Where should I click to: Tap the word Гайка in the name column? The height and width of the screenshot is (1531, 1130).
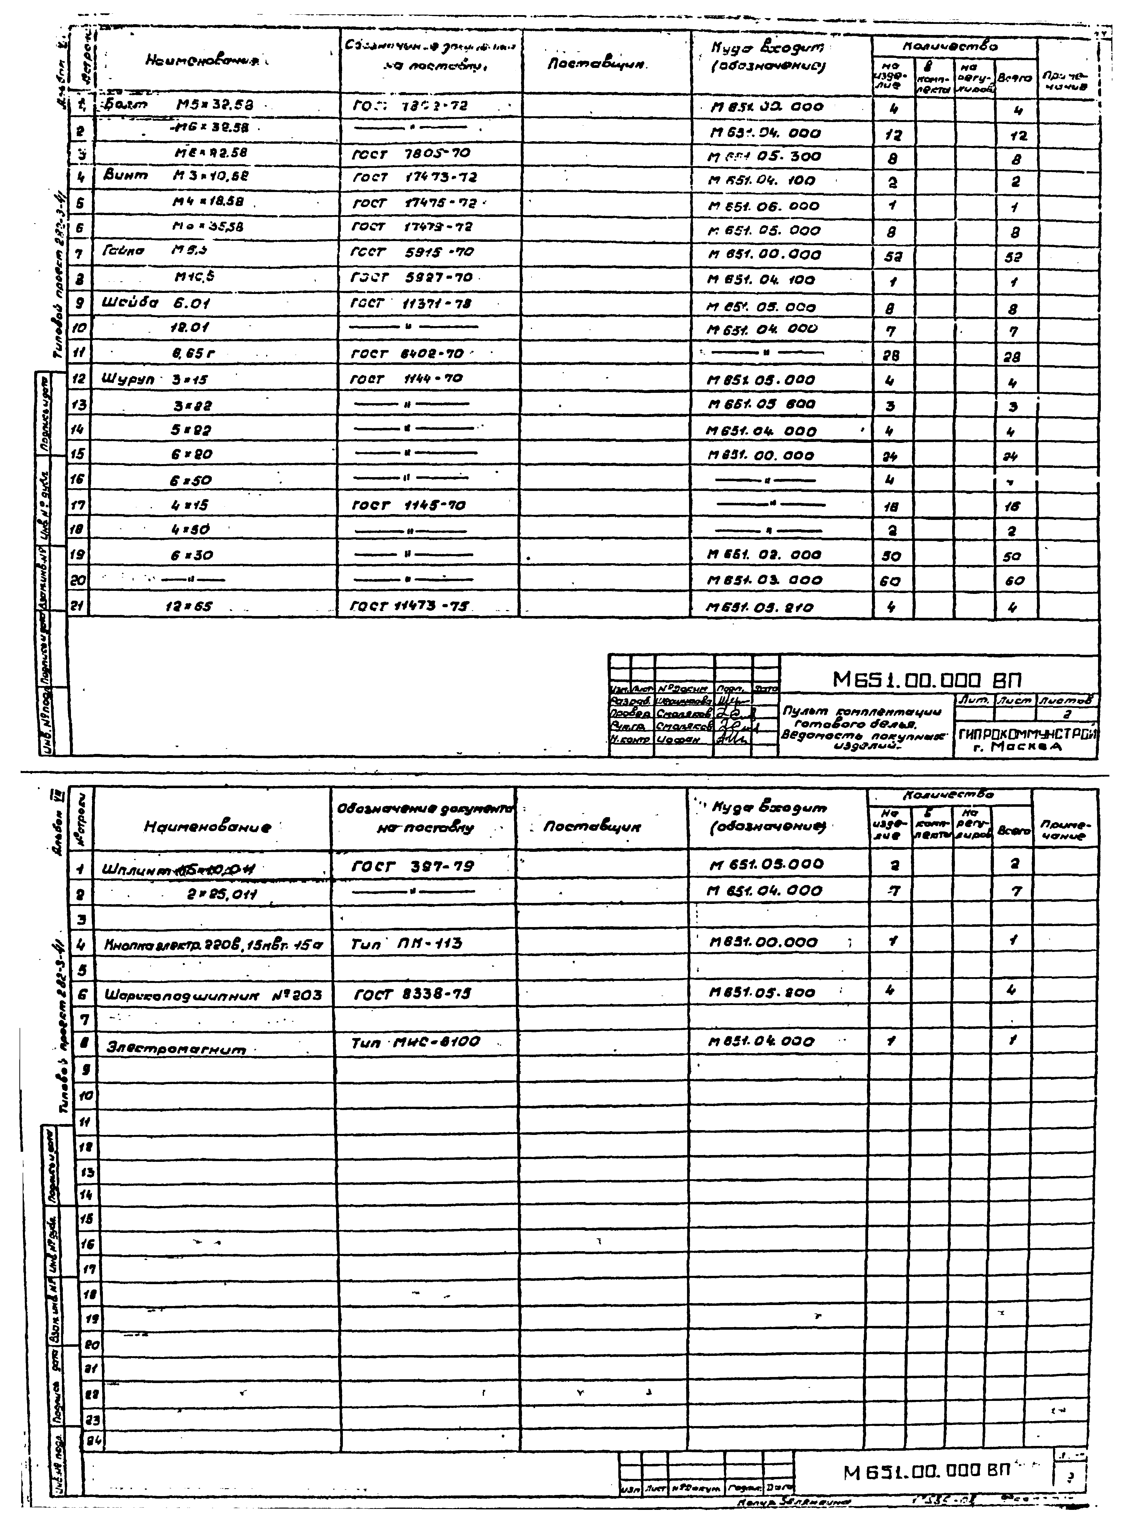pyautogui.click(x=124, y=251)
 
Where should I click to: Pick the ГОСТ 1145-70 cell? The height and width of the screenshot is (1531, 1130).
pyautogui.click(x=408, y=506)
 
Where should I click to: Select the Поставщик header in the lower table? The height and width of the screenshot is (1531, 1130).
pyautogui.click(x=592, y=827)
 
